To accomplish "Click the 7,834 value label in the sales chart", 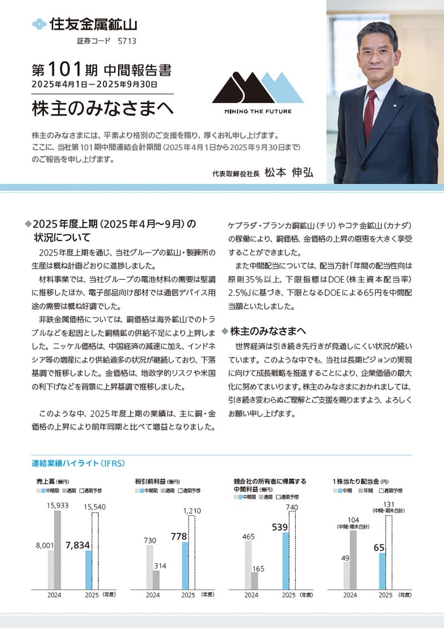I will click(x=77, y=545).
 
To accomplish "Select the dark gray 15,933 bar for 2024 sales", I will click(x=57, y=550).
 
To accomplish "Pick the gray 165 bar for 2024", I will click(x=255, y=580).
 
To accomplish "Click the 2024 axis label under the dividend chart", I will click(x=350, y=595).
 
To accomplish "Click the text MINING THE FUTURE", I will click(x=258, y=111).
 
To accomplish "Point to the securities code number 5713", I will click(x=127, y=41).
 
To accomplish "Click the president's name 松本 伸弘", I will click(x=289, y=172).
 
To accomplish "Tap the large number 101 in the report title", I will click(x=65, y=70).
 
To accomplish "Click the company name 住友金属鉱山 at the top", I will click(x=93, y=24).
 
